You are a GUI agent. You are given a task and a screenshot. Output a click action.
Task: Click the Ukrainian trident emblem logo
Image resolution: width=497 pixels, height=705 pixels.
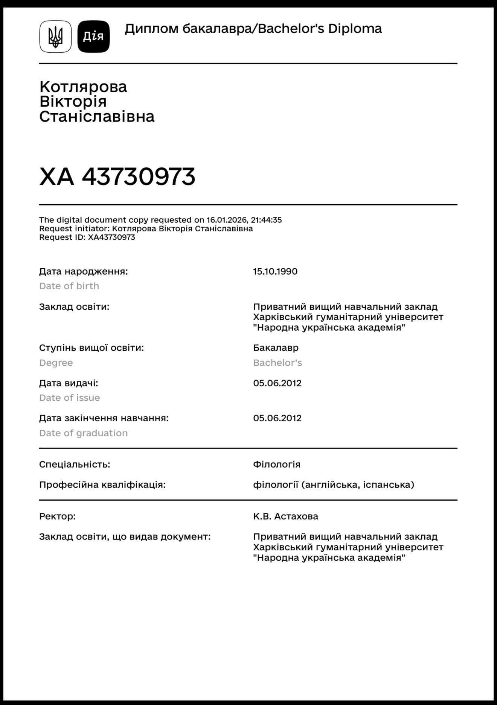(55, 36)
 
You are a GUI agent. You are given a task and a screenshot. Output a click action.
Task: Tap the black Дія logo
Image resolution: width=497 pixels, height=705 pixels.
(93, 36)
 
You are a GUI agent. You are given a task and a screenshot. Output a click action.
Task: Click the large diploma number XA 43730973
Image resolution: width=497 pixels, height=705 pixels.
(117, 176)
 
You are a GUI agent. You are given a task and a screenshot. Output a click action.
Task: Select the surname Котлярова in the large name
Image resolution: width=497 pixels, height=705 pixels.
(83, 87)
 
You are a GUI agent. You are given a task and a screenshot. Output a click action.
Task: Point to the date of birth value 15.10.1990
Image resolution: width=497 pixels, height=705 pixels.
(275, 271)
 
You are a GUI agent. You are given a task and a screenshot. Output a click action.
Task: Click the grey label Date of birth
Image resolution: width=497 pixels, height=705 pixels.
(69, 286)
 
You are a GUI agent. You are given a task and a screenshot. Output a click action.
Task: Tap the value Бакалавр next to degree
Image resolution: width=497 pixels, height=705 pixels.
(276, 348)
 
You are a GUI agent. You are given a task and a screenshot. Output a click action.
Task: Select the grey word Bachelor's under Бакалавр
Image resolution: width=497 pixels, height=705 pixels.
(277, 363)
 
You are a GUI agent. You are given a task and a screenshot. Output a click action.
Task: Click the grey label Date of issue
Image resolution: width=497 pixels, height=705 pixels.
(69, 398)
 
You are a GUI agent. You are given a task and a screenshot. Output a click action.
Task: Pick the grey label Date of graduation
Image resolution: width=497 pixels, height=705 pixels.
(83, 433)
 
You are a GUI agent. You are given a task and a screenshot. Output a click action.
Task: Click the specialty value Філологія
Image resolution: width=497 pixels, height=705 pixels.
(277, 464)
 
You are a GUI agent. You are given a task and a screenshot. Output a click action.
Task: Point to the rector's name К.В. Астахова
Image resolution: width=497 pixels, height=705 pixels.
(285, 516)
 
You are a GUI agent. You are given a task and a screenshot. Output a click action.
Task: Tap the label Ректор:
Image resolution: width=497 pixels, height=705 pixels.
(57, 516)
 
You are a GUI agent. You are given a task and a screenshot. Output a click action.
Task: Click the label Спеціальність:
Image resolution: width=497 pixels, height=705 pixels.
(75, 464)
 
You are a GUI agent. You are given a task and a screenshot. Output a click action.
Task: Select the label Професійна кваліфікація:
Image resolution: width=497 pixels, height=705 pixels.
(102, 485)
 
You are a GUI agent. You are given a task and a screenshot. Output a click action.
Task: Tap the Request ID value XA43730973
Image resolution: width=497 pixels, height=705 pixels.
(111, 237)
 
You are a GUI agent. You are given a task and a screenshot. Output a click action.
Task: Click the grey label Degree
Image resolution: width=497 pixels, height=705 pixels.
(56, 363)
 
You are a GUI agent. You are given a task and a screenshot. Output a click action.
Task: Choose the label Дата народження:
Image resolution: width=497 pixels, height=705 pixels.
(83, 271)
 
